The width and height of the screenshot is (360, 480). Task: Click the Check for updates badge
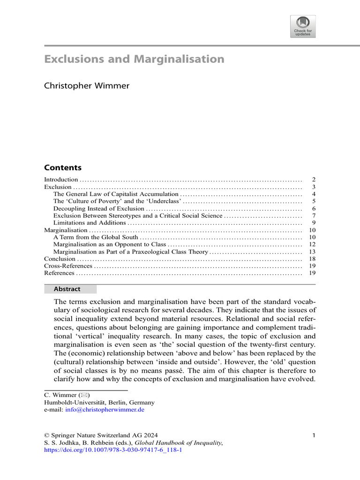pos(303,26)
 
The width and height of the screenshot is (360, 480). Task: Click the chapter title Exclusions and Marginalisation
pos(134,60)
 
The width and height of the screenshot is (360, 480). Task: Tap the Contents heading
pos(62,168)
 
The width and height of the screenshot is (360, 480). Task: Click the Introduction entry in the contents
pos(61,180)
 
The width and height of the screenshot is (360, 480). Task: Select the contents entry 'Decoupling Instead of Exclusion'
pos(98,208)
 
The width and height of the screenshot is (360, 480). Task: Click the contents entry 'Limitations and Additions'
pos(90,223)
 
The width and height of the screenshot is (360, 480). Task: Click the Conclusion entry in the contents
pos(60,259)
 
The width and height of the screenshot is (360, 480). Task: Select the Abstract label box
pos(70,289)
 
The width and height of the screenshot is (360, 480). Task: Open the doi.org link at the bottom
pos(112,450)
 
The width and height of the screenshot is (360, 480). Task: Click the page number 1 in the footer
pos(314,436)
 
